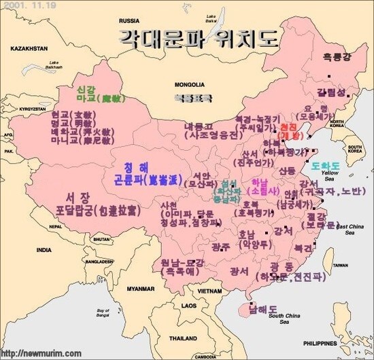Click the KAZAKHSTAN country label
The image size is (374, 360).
[29, 49]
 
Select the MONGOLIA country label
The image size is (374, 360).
[189, 85]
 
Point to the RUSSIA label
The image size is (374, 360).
[129, 21]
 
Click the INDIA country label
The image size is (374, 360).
[44, 250]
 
